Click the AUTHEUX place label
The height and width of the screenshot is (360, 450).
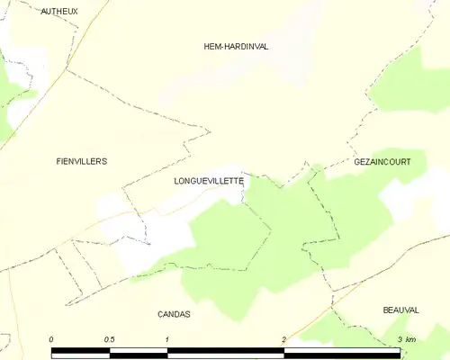coord(59,11)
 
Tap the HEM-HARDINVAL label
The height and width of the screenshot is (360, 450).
coord(237,46)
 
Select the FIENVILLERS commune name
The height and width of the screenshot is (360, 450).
coord(81,161)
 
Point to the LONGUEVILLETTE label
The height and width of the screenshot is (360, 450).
coord(209,180)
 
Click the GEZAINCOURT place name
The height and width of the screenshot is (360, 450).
coord(382,162)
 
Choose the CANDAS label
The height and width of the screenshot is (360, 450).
coord(174,314)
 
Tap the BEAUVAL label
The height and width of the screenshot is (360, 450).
coord(400,310)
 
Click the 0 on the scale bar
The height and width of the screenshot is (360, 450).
coord(51,338)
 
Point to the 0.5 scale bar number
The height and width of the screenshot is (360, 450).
coord(109,338)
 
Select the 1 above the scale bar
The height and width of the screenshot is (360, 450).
coord(167,338)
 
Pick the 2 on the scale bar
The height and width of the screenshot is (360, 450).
coord(284,338)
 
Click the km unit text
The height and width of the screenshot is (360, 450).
coord(411,338)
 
